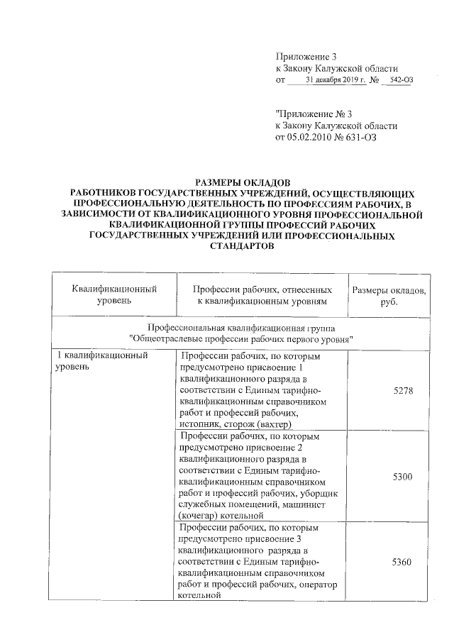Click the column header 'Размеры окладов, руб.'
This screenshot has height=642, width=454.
tap(389, 296)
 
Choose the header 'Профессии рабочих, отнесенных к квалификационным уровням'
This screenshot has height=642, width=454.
tap(262, 296)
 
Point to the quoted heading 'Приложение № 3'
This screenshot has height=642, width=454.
tap(313, 113)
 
